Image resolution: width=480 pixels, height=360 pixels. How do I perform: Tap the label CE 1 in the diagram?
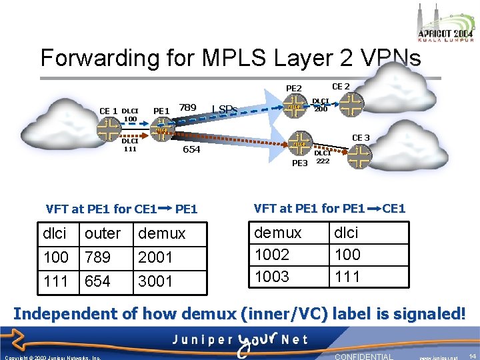tap(108, 111)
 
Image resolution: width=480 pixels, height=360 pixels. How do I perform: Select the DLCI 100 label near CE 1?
tap(131, 115)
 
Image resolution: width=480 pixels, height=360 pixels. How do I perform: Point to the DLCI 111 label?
tap(130, 145)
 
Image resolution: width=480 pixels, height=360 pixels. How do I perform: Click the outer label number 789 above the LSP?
tap(187, 107)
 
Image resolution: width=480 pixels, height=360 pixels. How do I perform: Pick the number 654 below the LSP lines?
tap(191, 150)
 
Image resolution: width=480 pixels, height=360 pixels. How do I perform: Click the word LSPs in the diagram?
tap(225, 109)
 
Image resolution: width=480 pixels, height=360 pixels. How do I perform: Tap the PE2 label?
tap(294, 88)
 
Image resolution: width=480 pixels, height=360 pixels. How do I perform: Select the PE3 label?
tap(300, 163)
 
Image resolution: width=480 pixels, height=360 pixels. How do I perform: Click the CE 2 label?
tap(341, 85)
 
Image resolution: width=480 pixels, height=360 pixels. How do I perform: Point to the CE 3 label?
tap(361, 137)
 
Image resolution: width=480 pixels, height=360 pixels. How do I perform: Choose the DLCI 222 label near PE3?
tap(323, 157)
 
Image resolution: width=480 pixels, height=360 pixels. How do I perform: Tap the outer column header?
tap(103, 233)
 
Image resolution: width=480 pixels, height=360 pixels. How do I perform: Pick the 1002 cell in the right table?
tap(273, 255)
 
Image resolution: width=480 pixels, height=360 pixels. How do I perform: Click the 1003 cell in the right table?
tap(273, 276)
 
